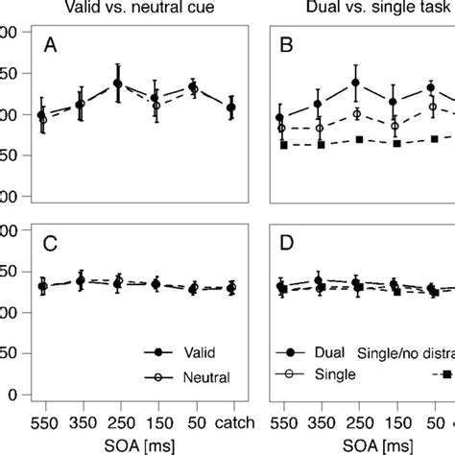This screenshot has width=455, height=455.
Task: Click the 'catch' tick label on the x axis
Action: pos(230,423)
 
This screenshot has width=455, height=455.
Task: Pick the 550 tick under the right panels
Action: pos(281,423)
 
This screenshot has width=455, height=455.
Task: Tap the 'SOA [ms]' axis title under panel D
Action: pos(375,445)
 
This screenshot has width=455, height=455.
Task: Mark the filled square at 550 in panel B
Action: pos(283,145)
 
